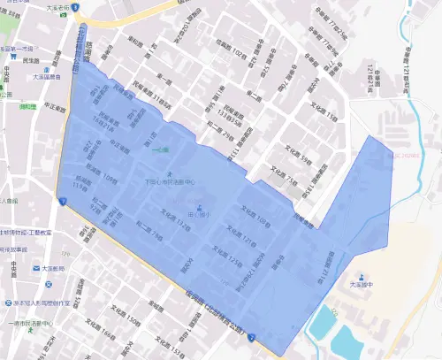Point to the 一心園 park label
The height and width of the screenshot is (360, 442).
(x=160, y=151)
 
